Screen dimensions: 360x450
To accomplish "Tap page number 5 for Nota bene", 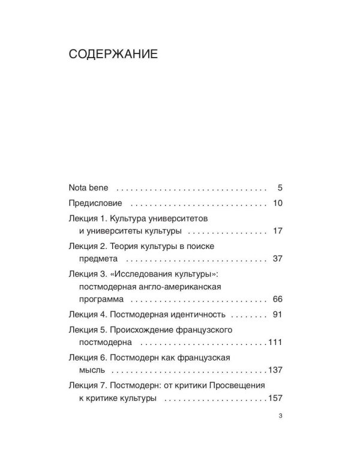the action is coord(280,187).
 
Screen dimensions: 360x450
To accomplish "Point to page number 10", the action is coord(277,203).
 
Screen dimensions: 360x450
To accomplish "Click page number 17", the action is coord(277,231).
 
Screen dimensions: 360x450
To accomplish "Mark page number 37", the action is coord(277,259).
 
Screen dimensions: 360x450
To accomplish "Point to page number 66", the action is coord(277,299).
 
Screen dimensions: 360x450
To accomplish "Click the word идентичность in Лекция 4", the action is coord(196,315).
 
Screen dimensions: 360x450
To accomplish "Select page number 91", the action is coord(277,315).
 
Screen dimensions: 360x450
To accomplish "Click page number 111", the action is coord(275,343).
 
